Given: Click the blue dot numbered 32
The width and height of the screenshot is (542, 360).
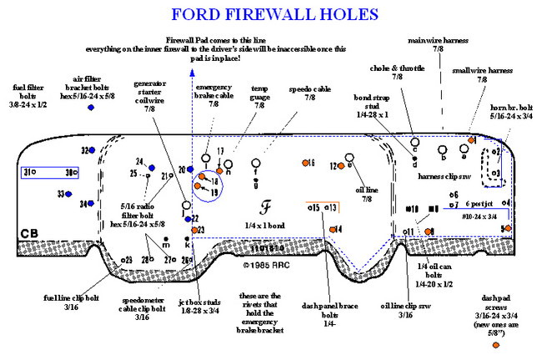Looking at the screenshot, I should [x=93, y=150].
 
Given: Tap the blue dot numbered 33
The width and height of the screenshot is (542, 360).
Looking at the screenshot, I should [x=69, y=194].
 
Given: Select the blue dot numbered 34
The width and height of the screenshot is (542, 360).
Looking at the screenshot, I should [x=92, y=203].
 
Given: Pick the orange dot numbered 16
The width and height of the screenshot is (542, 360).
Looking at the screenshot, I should [x=305, y=162].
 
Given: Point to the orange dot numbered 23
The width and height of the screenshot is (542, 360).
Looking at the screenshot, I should [x=193, y=229].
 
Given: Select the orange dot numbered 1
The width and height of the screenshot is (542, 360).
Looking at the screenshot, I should [x=504, y=228].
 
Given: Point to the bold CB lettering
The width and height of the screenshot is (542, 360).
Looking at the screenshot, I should [x=29, y=234].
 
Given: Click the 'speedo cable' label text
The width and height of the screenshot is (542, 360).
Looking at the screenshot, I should [x=310, y=93].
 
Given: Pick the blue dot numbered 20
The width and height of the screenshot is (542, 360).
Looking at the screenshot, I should [x=190, y=169].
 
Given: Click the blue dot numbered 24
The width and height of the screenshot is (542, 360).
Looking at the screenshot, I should [x=151, y=162].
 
